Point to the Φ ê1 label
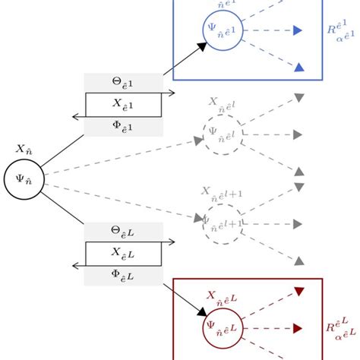click(x=123, y=125)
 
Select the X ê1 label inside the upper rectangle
click(x=123, y=104)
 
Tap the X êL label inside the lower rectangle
click(x=123, y=253)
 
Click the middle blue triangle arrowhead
click(x=298, y=31)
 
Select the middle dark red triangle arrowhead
click(x=298, y=328)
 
